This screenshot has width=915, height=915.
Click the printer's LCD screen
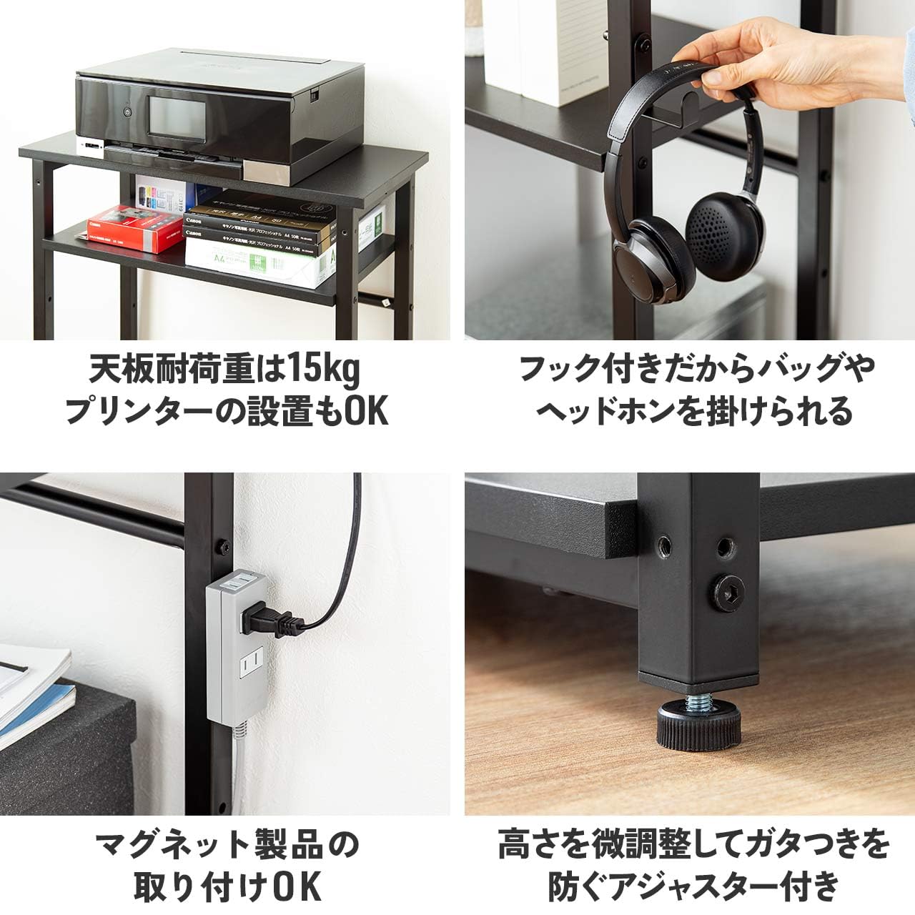tap(171, 114)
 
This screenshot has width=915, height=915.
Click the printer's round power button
tap(127, 112)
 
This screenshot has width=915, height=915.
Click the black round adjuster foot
tap(698, 729)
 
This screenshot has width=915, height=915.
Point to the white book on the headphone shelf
tap(565, 50)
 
